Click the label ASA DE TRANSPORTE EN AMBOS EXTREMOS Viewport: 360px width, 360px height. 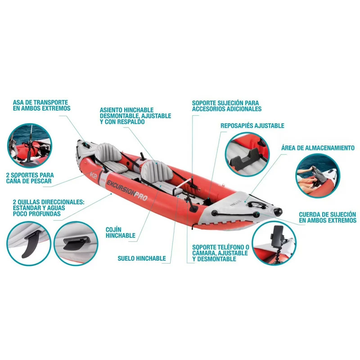[41, 105]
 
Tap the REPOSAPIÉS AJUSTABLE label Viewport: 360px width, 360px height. [252, 126]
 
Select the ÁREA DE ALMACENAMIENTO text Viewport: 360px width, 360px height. [318, 148]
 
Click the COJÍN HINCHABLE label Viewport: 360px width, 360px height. [121, 232]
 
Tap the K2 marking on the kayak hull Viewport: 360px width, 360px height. [94, 174]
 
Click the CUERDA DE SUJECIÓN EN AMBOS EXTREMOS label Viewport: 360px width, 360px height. [327, 217]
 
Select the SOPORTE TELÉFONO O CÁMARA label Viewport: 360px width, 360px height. [220, 253]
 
